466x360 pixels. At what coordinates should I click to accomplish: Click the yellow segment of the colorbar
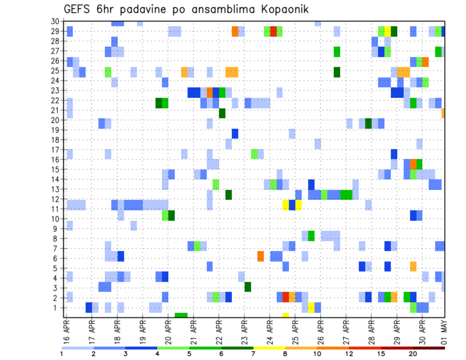click(x=269, y=348)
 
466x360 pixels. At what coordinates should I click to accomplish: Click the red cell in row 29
click(x=273, y=31)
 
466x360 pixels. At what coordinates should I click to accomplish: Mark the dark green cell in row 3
click(x=248, y=287)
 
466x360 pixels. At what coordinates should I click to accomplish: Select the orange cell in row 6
click(x=261, y=256)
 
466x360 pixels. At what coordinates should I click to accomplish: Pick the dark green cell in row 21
click(x=222, y=113)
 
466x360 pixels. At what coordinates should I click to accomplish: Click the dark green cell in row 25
click(x=337, y=72)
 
